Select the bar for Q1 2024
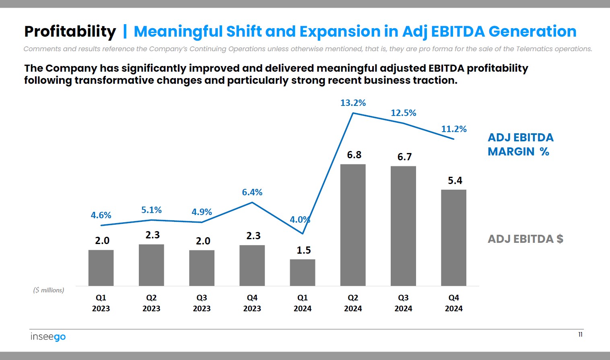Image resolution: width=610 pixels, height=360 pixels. tap(303, 273)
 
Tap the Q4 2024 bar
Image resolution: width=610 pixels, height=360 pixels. tap(453, 238)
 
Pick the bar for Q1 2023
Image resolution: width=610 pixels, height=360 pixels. tap(101, 268)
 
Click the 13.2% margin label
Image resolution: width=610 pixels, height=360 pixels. tap(353, 103)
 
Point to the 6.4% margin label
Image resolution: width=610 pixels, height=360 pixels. tap(252, 192)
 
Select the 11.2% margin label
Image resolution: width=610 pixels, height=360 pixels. tap(454, 129)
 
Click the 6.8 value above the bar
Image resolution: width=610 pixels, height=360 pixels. tap(354, 155)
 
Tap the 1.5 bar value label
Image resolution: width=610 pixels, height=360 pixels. tap(303, 250)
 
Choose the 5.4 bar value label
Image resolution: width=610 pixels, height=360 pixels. tap(455, 181)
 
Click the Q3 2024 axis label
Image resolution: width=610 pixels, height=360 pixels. tap(403, 303)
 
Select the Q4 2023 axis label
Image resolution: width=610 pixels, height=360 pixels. tap(252, 303)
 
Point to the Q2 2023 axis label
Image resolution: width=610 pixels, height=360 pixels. tap(151, 303)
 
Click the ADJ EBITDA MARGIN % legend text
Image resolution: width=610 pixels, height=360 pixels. tap(520, 145)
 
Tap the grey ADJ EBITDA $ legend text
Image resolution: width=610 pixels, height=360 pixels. tap(525, 239)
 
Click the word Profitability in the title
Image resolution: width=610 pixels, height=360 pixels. tap(70, 31)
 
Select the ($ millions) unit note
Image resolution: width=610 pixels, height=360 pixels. tap(49, 290)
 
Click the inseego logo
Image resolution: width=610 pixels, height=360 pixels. tap(48, 337)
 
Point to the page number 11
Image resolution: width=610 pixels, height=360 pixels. tap(580, 335)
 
